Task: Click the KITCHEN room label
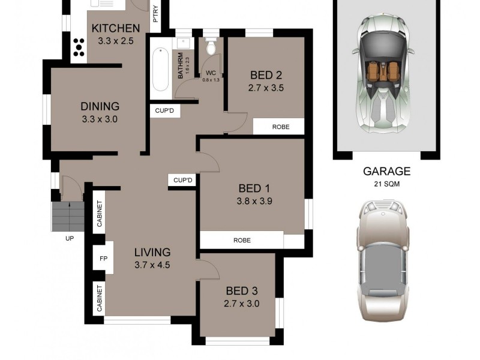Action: coord(115,28)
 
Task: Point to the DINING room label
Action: coord(100,106)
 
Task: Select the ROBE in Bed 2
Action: coord(281,127)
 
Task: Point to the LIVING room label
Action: coord(152,252)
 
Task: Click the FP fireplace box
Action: coord(103,259)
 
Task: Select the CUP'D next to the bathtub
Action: coord(164,111)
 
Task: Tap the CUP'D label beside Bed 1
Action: coord(182,180)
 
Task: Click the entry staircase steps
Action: coord(67,216)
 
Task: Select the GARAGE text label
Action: coord(386,172)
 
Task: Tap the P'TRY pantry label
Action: coord(155,14)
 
